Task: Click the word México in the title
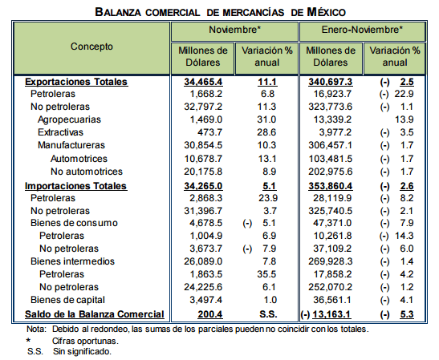pyautogui.click(x=326, y=12)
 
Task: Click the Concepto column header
pyautogui.click(x=91, y=47)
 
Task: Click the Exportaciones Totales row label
pyautogui.click(x=76, y=82)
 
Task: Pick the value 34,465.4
pyautogui.click(x=203, y=82)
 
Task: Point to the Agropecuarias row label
pyautogui.click(x=69, y=119)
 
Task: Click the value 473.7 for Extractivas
pyautogui.click(x=209, y=132)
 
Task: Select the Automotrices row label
pyautogui.click(x=79, y=159)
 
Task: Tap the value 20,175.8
pyautogui.click(x=203, y=172)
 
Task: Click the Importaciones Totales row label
pyautogui.click(x=76, y=186)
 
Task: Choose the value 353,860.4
pyautogui.click(x=331, y=186)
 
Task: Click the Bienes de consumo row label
pyautogui.click(x=74, y=223)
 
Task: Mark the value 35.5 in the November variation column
pyautogui.click(x=266, y=274)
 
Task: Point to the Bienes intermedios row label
pyautogui.click(x=72, y=261)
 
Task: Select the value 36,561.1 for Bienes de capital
pyautogui.click(x=332, y=300)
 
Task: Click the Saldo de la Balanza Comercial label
pyautogui.click(x=95, y=314)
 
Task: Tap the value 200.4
pyautogui.click(x=210, y=314)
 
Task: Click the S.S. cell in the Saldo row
pyautogui.click(x=268, y=314)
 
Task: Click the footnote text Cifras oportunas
pyautogui.click(x=85, y=341)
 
